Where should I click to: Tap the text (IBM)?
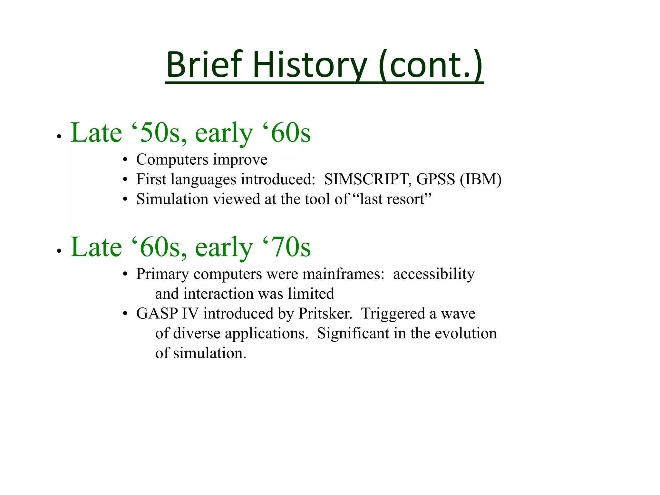click(480, 179)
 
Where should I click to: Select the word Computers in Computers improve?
click(172, 160)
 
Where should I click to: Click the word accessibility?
click(434, 274)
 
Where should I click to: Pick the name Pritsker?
click(325, 314)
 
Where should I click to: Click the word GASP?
click(157, 314)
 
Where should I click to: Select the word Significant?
click(353, 334)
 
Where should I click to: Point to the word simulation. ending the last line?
click(209, 353)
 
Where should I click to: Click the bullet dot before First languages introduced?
click(125, 180)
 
